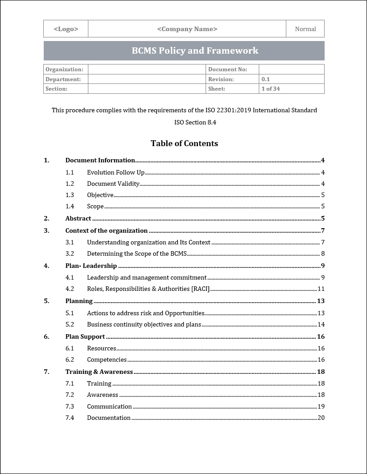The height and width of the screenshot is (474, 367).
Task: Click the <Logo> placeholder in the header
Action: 66,29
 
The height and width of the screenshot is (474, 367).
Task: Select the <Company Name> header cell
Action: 187,29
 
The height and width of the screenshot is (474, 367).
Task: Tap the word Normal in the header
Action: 305,29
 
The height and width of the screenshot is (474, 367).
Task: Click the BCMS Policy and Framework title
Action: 195,51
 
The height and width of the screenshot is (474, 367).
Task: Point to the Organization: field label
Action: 64,69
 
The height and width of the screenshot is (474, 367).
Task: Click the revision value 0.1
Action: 266,79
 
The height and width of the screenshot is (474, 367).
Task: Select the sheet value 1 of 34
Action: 271,89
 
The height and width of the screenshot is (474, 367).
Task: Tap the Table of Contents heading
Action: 184,143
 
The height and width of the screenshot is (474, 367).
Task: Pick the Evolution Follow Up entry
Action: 115,172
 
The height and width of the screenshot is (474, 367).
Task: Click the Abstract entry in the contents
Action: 78,218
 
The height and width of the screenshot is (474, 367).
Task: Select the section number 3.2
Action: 69,253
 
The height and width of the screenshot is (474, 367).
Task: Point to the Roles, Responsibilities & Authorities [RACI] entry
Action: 148,289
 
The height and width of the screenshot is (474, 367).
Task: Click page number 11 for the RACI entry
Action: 321,289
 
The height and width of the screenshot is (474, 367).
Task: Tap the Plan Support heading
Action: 85,336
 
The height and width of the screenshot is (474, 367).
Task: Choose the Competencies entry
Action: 107,359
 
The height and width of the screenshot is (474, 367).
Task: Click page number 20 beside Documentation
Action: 321,418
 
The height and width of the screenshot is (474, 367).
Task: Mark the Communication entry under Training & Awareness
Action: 109,406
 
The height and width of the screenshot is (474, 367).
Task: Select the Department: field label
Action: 63,79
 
